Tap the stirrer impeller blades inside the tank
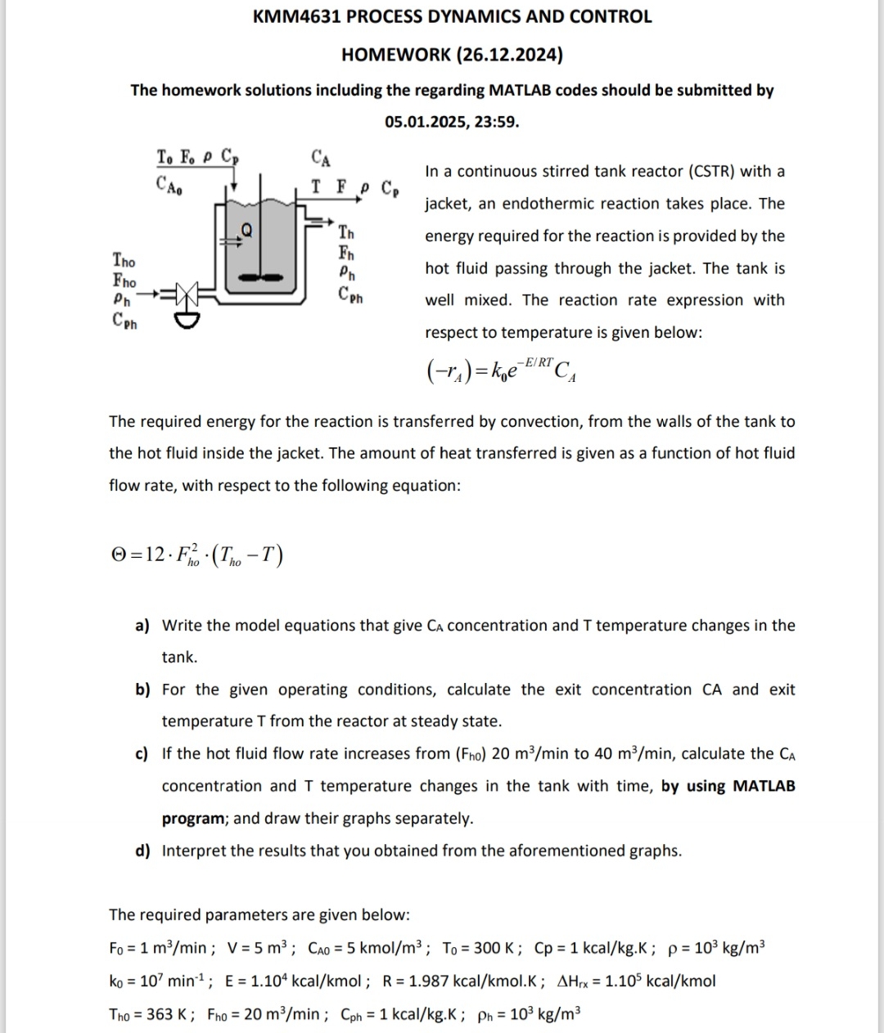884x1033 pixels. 260,278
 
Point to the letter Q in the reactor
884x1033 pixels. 246,230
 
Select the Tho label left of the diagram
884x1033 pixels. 124,261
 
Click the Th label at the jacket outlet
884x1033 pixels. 347,232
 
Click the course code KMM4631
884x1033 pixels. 297,16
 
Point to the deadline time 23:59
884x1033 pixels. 496,122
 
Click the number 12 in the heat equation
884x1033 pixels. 155,555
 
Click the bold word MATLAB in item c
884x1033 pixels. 763,786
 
